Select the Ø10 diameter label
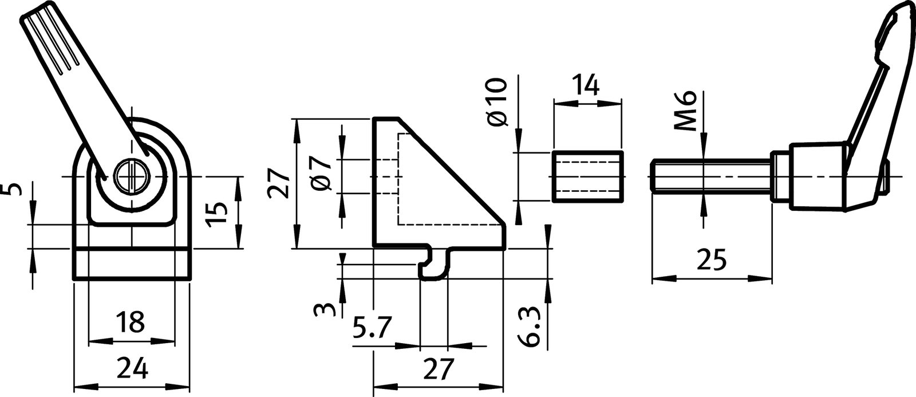(498, 103)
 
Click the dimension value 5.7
(373, 329)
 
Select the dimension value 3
(323, 310)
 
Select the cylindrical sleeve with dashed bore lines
(588, 176)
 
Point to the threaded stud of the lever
(710, 176)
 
